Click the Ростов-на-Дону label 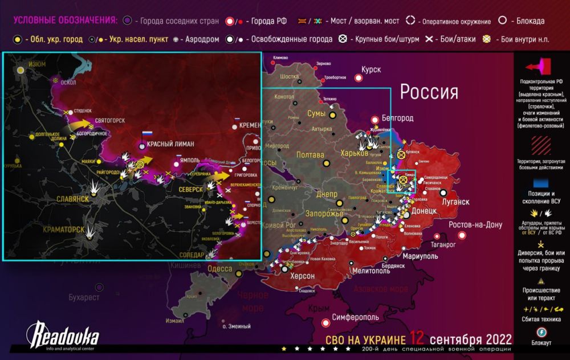coord(474,224)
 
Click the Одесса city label coord(219,268)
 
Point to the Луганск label coord(455,202)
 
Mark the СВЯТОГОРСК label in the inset coord(109,120)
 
